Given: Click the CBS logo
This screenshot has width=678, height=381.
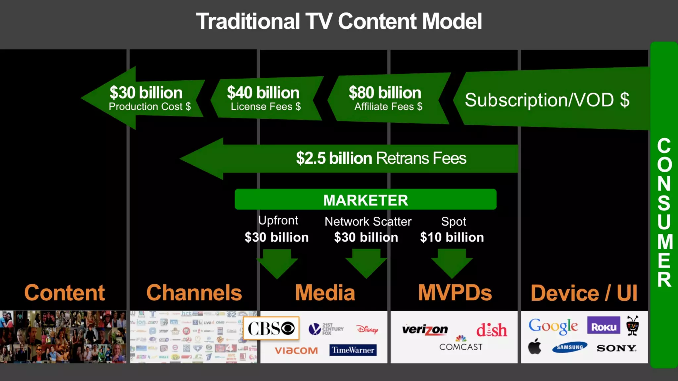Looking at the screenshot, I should coord(271,328).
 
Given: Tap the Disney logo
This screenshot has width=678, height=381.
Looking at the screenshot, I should coord(367,329).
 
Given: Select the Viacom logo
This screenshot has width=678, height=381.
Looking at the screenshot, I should coord(296,351).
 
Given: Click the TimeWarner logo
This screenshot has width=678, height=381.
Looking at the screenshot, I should coord(353,350).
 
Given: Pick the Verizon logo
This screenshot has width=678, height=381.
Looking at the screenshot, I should coord(425,329).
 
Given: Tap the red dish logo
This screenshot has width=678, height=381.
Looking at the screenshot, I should coord(492,330).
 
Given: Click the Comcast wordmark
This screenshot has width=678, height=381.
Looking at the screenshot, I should coord(460,347).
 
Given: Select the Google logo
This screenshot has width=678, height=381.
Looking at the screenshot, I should coord(553,326).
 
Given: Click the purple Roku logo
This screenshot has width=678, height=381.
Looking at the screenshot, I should coord(604,325).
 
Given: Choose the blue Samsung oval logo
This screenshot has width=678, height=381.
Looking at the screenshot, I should coord(569,347).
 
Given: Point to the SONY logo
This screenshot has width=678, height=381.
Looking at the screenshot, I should coord(616,348).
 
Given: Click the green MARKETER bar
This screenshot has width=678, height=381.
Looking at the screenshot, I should coord(365,199).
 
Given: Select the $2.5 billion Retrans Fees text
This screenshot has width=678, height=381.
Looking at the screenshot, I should coord(381,158).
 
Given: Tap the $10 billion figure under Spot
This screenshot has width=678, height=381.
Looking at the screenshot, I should coord(452,237).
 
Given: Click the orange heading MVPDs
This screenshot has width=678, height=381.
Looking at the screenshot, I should coord(455,293).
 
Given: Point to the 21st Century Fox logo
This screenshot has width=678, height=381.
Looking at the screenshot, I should coord(326,329).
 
